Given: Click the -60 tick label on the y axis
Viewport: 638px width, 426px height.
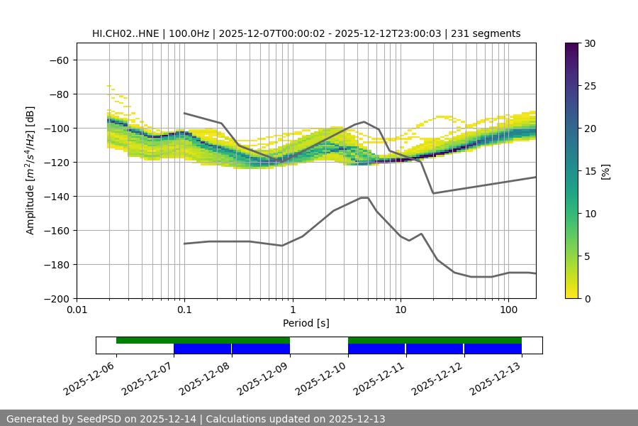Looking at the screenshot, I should point(58,60).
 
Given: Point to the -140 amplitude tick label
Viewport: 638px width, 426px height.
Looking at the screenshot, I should point(55,196).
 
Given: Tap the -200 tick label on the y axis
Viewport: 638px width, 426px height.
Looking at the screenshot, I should point(55,298).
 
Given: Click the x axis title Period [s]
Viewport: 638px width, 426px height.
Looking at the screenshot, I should point(306,323).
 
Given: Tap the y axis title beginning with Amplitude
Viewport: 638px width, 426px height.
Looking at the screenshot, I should point(30,170).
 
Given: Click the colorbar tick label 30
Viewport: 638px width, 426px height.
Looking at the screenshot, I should point(590,43).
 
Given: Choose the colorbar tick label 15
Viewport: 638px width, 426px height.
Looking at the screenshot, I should point(590,171).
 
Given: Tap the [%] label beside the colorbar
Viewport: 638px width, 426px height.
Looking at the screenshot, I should point(605,171).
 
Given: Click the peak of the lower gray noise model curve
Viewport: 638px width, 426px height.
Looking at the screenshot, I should point(364,197).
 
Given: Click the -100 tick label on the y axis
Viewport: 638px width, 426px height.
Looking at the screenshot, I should point(55,128).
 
